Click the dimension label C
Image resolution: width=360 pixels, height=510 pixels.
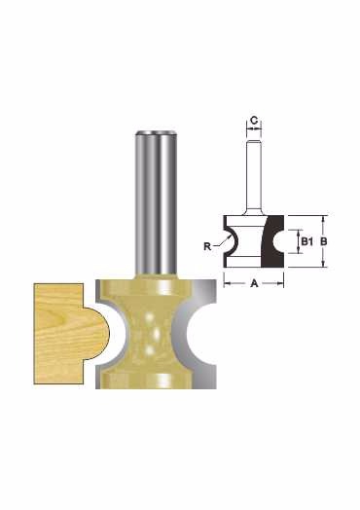tap(254, 121)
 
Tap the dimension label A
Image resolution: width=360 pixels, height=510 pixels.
tap(254, 283)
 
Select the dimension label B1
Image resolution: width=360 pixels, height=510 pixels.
tap(306, 241)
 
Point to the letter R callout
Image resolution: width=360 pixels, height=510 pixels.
tap(207, 246)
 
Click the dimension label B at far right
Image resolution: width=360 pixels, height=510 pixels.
tap(323, 241)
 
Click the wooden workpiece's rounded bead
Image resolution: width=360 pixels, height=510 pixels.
tap(97, 334)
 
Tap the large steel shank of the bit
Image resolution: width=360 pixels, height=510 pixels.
tap(156, 202)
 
